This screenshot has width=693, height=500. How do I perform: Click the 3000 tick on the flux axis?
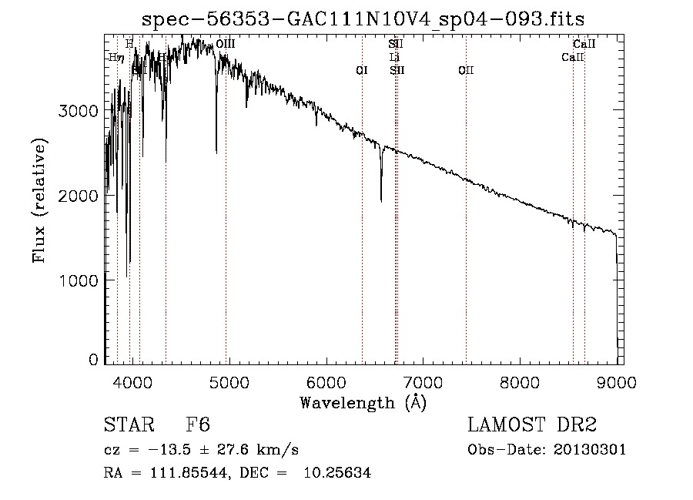79,111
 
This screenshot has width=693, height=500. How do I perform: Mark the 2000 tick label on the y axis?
79,196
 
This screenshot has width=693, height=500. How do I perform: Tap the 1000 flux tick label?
79,281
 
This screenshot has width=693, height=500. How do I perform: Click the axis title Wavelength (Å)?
363,402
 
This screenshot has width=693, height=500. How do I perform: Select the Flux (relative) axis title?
38,200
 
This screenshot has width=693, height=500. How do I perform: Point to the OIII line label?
226,45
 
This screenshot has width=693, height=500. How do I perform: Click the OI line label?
362,71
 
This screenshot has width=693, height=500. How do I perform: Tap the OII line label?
466,71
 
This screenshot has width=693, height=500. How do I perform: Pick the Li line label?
394,58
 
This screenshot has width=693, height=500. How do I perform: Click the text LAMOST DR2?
531,425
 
